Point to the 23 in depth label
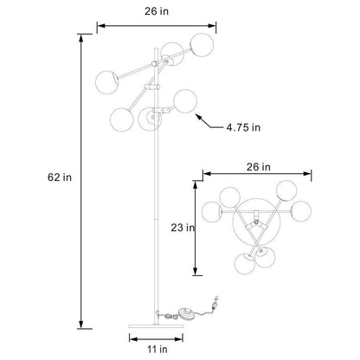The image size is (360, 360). [180, 229]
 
